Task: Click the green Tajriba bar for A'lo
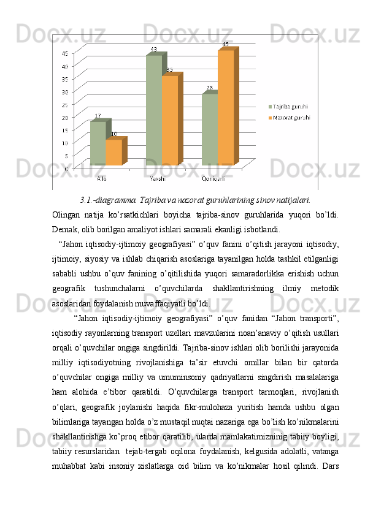click(98, 143)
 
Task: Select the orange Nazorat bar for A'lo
click(113, 153)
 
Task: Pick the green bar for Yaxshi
click(153, 110)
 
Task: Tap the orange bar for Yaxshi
click(169, 120)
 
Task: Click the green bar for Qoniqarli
click(209, 129)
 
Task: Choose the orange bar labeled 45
click(225, 107)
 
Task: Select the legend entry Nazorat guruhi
click(288, 116)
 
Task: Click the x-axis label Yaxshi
click(156, 178)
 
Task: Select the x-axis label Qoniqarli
click(213, 178)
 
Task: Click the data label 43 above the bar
click(153, 50)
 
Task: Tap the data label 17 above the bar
click(98, 116)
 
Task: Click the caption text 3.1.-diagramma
click(108, 199)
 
